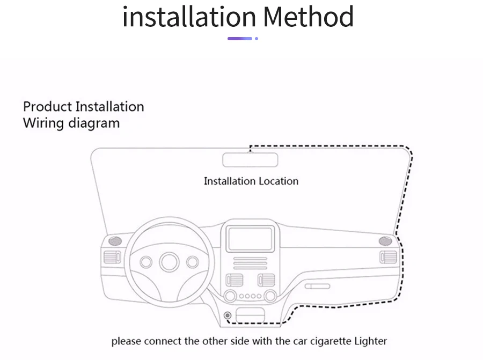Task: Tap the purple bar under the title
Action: tap(240, 39)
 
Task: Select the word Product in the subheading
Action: tap(47, 106)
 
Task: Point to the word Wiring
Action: tap(43, 123)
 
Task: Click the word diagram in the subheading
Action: tap(94, 123)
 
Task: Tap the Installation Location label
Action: tap(251, 181)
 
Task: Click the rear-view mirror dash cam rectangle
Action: tap(250, 160)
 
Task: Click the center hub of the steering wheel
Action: tap(169, 262)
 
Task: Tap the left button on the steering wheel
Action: tap(146, 262)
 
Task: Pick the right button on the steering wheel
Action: tap(192, 262)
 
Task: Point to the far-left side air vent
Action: tap(112, 257)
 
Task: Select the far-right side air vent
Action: tap(388, 257)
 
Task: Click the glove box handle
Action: tap(318, 286)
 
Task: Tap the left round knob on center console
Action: tap(231, 296)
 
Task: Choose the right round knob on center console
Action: tap(270, 296)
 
